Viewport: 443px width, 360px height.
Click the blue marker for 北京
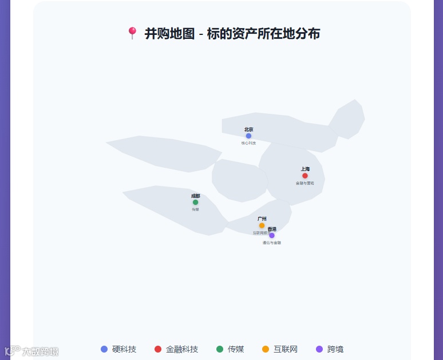tap(248, 136)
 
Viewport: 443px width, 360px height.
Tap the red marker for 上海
tap(305, 176)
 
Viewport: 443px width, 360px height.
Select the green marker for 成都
tap(196, 202)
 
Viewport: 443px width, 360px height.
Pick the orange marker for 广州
tap(262, 226)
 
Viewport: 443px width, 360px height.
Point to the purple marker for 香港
tap(272, 235)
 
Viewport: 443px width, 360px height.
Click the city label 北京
tap(248, 130)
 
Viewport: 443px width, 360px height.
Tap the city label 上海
tap(305, 169)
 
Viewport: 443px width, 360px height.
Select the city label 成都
tap(196, 196)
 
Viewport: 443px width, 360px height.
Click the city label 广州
tap(262, 219)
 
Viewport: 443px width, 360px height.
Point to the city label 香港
tap(272, 229)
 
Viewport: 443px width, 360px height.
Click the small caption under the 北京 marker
tap(248, 143)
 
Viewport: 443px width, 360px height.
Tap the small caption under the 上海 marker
tap(305, 183)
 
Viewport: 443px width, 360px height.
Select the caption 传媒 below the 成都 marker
tap(196, 209)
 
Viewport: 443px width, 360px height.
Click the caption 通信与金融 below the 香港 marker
tap(272, 243)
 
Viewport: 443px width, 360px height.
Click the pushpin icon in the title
tap(132, 34)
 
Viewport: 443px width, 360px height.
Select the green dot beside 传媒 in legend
tap(220, 349)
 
